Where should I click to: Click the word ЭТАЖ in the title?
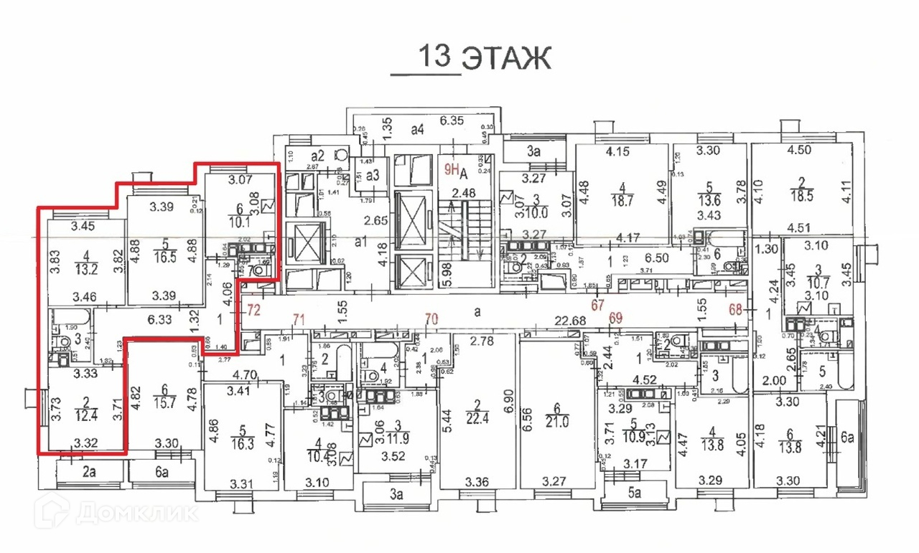pyautogui.click(x=505, y=58)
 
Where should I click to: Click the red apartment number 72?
pyautogui.click(x=253, y=311)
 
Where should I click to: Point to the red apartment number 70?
pyautogui.click(x=431, y=318)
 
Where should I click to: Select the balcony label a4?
pyautogui.click(x=418, y=130)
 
